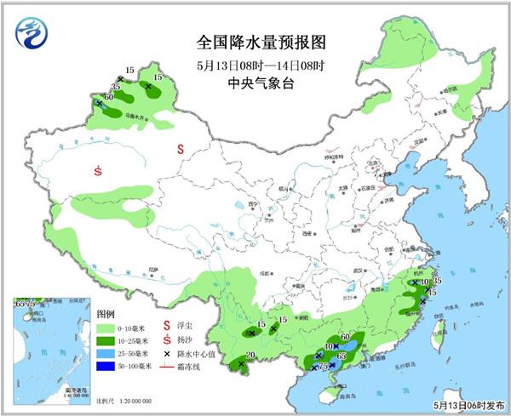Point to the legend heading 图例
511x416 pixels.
(105, 313)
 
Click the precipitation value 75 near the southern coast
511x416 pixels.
(323, 367)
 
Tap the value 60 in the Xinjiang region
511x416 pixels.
(108, 97)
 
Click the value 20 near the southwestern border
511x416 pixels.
(250, 356)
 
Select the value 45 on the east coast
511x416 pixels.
(432, 293)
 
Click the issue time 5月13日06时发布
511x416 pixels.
(468, 407)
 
